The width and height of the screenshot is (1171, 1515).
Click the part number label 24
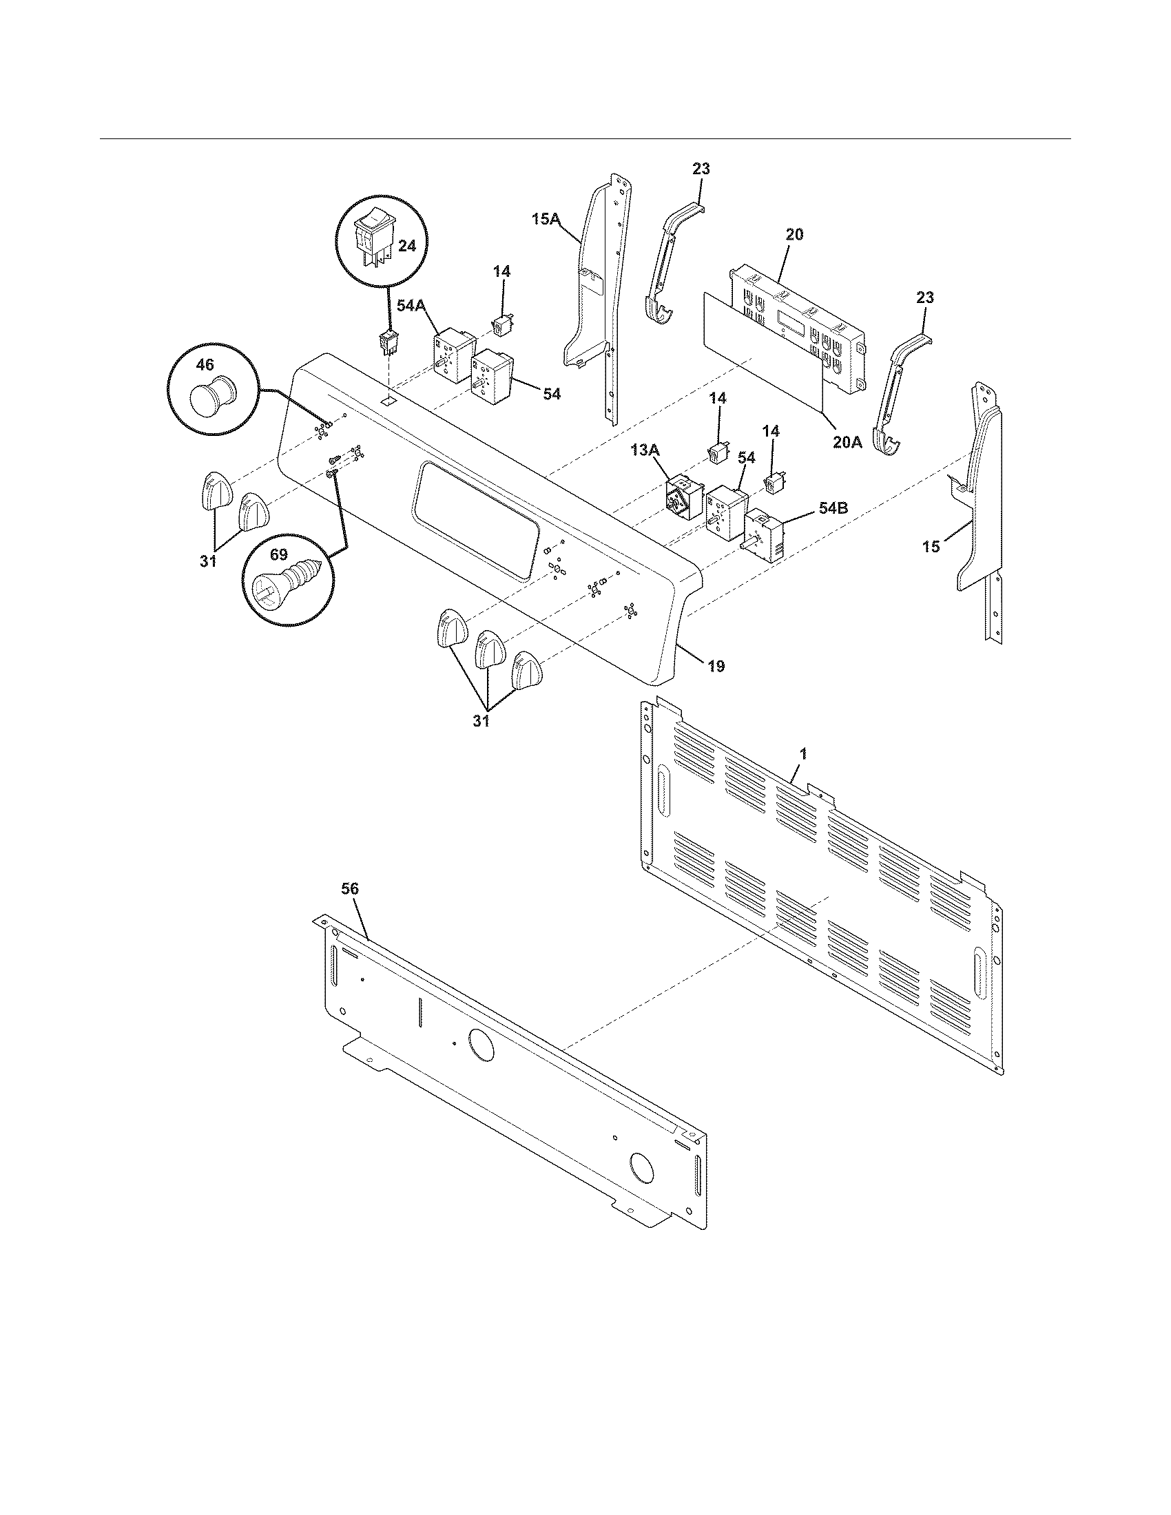406,246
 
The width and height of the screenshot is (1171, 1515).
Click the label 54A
411,304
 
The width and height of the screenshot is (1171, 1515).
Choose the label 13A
646,450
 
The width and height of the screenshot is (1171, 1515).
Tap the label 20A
847,441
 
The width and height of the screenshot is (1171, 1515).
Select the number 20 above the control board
795,234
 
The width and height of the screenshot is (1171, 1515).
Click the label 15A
546,220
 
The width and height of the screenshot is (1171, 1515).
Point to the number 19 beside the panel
716,666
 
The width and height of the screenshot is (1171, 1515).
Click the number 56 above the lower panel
351,888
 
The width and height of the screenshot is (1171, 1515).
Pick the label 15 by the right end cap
931,547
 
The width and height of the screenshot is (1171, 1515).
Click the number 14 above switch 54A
501,271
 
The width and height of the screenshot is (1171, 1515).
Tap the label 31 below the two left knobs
208,561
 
